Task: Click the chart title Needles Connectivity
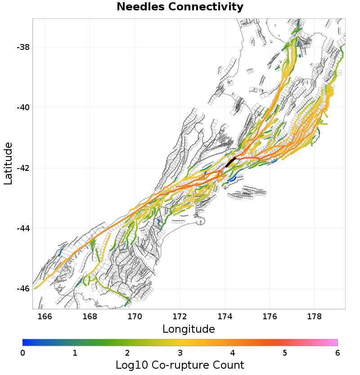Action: (x=180, y=7)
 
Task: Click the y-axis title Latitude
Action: (x=8, y=163)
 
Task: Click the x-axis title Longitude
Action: (x=189, y=329)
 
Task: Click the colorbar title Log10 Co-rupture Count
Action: (x=180, y=365)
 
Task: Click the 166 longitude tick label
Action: (x=45, y=316)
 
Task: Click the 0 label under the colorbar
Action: (x=22, y=353)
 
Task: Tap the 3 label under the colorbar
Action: (x=180, y=353)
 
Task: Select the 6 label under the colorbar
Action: (x=337, y=353)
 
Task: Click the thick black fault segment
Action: (x=231, y=162)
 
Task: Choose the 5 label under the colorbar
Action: (x=285, y=353)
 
